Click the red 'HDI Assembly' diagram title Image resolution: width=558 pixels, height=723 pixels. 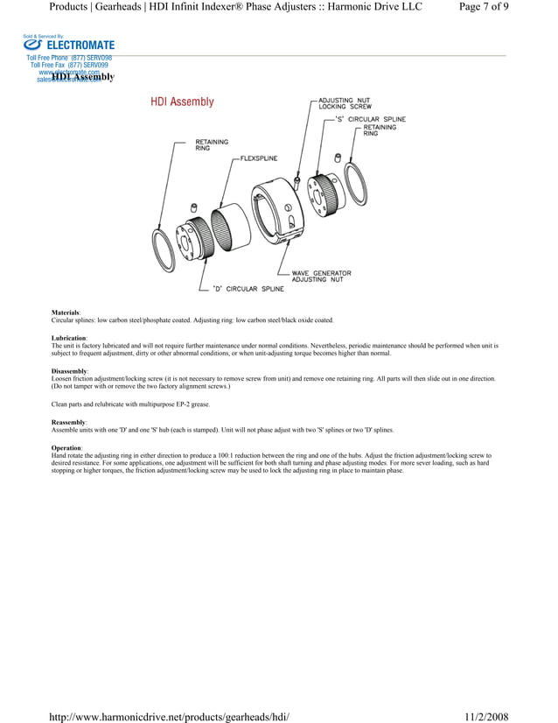pos(182,102)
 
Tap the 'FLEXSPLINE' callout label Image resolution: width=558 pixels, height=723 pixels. pos(259,158)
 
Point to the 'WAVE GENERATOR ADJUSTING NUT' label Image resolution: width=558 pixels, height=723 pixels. pos(321,276)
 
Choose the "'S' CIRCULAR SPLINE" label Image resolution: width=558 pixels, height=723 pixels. pos(370,118)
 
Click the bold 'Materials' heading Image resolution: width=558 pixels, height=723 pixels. pos(66,312)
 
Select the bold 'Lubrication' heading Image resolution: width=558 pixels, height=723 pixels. pos(69,338)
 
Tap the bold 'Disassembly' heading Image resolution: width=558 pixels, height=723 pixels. pos(69,371)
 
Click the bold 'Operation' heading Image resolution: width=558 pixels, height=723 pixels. pos(66,447)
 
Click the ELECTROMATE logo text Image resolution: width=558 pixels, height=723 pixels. pos(80,46)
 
